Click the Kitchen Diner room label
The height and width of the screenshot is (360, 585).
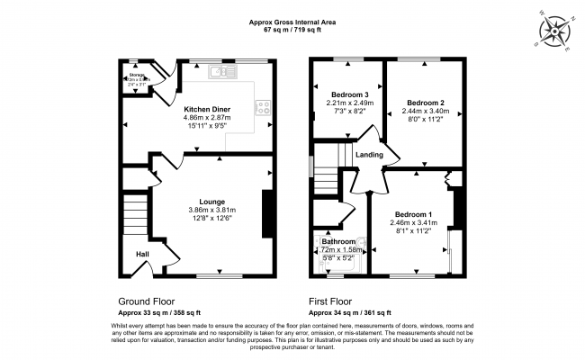(x=208, y=109)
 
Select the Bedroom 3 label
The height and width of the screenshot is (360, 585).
(x=346, y=94)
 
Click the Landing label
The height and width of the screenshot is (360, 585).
(x=371, y=155)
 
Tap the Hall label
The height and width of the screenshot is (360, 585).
(x=142, y=255)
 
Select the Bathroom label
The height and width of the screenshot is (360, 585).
(x=339, y=242)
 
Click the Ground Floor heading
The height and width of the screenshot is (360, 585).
(x=147, y=301)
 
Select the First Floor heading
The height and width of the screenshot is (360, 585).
(x=330, y=301)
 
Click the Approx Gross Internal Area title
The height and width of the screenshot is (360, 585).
(x=292, y=22)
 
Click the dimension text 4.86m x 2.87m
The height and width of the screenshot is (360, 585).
(x=208, y=118)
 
